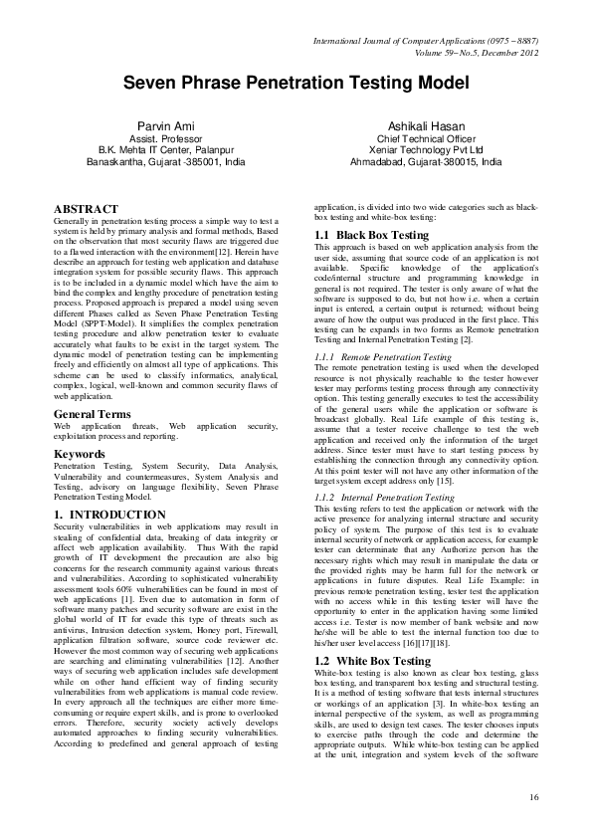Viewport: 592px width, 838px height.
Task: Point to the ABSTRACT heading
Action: pos(85,208)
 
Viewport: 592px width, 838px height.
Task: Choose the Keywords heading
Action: pos(81,454)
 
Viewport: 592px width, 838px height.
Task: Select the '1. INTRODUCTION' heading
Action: pos(109,515)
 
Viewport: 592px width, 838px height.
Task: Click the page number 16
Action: pos(533,796)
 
